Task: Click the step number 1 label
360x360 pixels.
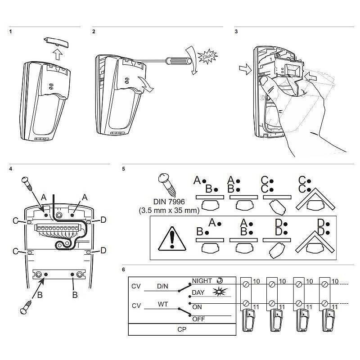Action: pos(10,32)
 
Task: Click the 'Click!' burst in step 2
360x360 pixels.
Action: pos(207,57)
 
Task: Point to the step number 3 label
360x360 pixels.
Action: pos(236,32)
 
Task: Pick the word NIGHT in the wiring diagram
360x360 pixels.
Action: pos(202,281)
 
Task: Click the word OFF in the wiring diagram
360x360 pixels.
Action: pos(198,319)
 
